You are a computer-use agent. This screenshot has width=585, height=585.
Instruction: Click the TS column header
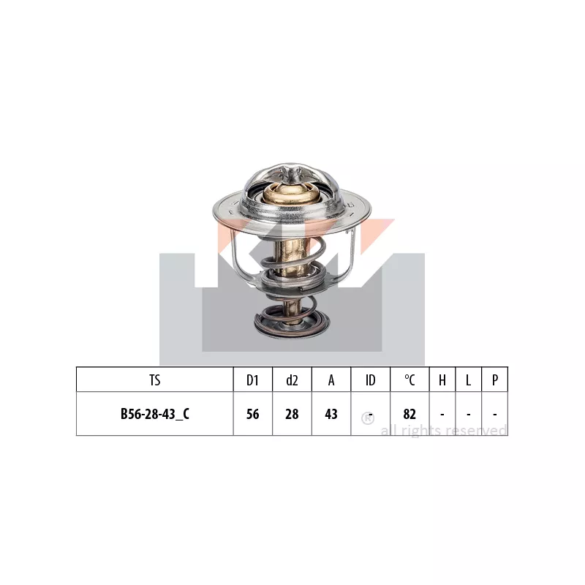click(x=155, y=380)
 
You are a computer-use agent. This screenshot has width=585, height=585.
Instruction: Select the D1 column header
click(x=252, y=380)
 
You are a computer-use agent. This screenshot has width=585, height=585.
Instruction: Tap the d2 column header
click(x=292, y=380)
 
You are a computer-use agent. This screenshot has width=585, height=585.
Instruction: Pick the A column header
click(x=331, y=380)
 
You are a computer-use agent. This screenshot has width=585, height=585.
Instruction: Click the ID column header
click(x=371, y=380)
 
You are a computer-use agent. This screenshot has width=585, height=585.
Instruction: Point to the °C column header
click(x=409, y=380)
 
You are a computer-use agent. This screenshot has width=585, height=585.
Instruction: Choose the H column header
click(x=442, y=380)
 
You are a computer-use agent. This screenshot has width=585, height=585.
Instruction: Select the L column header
click(x=468, y=380)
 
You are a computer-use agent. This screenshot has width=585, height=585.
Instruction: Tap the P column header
click(x=495, y=380)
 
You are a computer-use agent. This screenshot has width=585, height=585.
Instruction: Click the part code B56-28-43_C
click(x=155, y=414)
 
